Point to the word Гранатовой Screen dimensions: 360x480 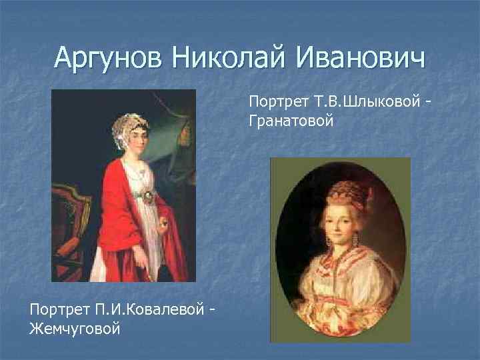[x=291, y=121]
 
